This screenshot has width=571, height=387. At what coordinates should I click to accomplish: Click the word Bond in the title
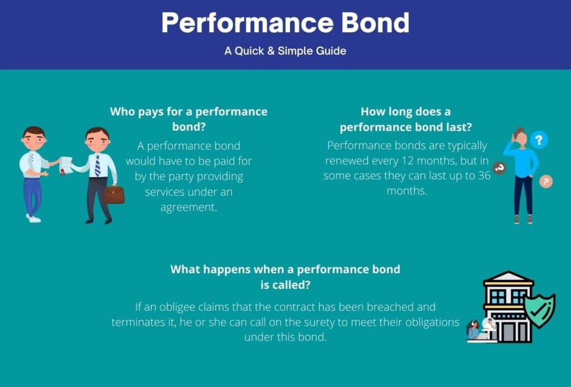[375, 22]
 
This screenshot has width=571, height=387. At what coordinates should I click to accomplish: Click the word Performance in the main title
[248, 22]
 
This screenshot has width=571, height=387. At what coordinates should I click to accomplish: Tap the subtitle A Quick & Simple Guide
[285, 51]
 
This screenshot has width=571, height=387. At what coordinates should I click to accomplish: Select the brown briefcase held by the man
[114, 194]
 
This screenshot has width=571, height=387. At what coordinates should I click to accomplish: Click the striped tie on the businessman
[97, 165]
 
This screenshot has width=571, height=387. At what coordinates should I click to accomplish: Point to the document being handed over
[65, 165]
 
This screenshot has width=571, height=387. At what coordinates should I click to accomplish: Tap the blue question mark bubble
[539, 140]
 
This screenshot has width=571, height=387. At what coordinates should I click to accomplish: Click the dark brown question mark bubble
[499, 168]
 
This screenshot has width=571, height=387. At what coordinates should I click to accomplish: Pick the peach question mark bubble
[545, 182]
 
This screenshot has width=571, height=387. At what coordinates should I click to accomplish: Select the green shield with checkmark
[539, 310]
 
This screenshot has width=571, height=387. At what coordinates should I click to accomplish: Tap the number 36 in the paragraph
[484, 175]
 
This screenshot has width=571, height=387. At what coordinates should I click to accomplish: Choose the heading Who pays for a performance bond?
[188, 119]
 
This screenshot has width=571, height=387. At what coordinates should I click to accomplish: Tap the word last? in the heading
[459, 127]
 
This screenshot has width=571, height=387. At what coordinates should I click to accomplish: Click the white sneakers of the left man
[33, 218]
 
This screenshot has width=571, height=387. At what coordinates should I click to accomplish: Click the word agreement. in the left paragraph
[188, 207]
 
